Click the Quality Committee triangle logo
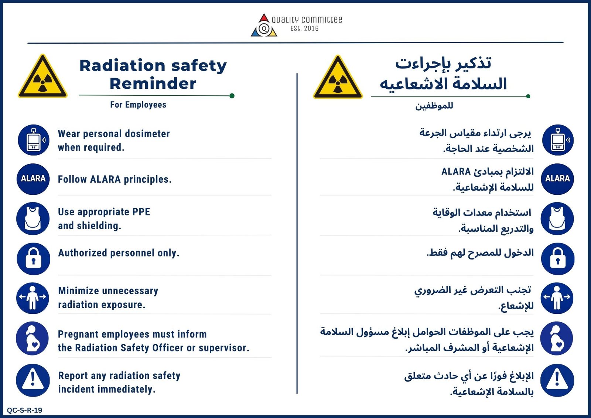(264, 25)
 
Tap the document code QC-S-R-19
(24, 410)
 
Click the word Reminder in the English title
(153, 84)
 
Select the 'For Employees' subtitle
(138, 105)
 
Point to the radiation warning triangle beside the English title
(42, 76)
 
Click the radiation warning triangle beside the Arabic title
(338, 77)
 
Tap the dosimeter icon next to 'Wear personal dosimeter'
(34, 140)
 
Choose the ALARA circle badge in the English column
(33, 179)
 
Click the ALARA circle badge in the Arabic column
(557, 179)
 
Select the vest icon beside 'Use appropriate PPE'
(33, 219)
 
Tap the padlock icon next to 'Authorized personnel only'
(34, 259)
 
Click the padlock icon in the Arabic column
(557, 259)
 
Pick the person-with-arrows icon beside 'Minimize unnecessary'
(33, 298)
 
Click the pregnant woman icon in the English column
(33, 338)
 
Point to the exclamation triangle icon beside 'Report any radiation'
(33, 380)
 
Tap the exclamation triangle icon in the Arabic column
(557, 380)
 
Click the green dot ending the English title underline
(232, 96)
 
